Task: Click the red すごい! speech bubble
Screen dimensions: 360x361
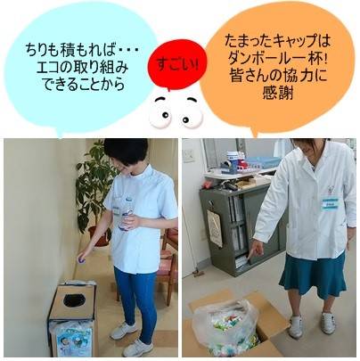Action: coord(177,65)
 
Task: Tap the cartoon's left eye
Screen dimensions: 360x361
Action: coord(162,111)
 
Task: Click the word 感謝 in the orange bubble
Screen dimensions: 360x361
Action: coord(278,93)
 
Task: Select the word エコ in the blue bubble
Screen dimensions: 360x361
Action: coord(47,68)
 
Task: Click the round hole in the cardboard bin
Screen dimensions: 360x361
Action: coord(73,300)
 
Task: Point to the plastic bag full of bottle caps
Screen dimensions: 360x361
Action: coord(225,327)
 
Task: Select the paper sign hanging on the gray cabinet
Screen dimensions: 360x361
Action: coord(215,227)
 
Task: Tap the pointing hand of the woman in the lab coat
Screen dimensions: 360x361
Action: coord(257,249)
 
